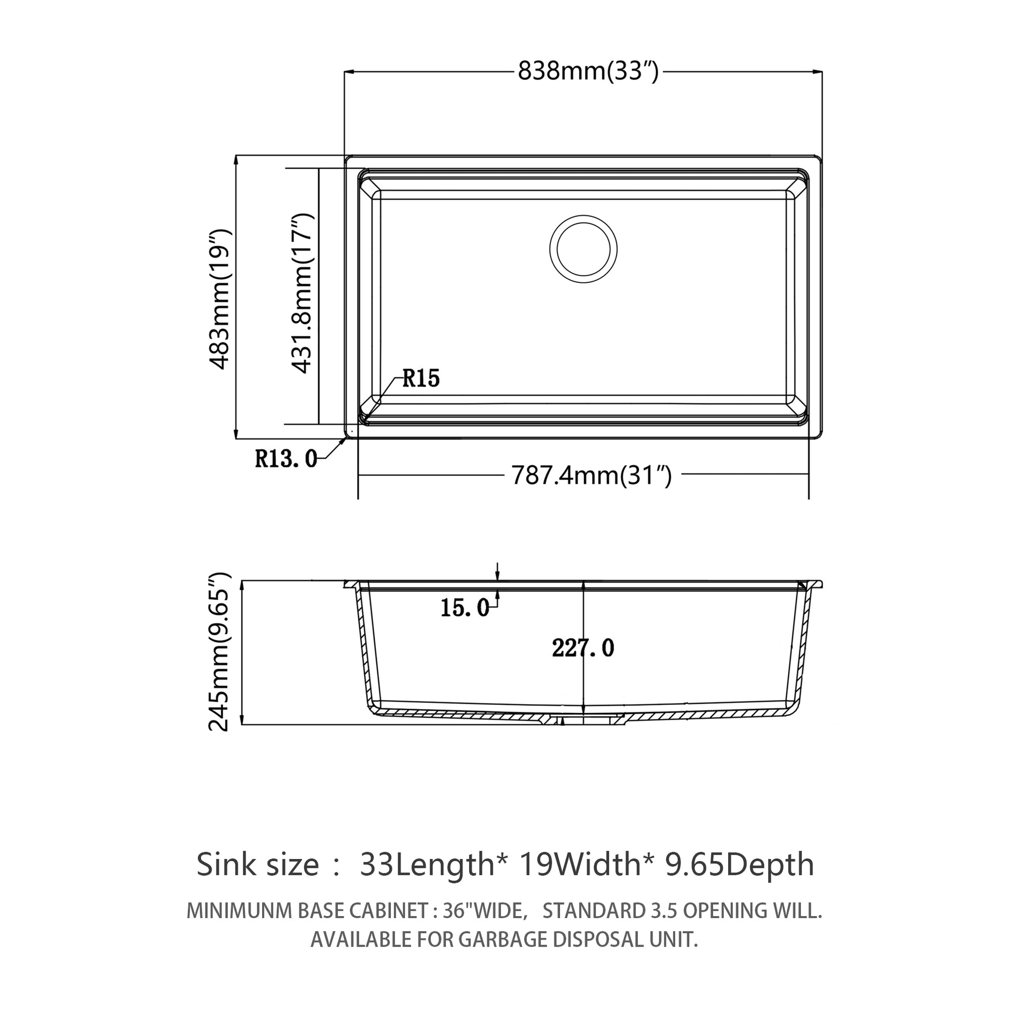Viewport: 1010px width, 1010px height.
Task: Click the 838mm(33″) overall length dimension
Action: coord(588,71)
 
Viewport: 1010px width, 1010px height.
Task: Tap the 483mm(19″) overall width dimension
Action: coord(220,298)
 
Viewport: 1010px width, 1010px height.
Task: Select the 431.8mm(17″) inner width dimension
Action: coord(302,293)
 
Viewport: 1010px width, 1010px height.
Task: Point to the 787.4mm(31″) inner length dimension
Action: coord(591,476)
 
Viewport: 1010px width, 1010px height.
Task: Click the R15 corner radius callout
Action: coord(421,378)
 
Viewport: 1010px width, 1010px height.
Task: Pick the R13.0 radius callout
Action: coord(285,459)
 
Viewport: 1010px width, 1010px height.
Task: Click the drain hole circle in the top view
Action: coord(583,249)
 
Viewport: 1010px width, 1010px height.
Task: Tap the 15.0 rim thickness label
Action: coord(464,607)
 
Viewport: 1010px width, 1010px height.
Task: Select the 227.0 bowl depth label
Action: coord(583,648)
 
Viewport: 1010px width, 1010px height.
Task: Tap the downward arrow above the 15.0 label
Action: coord(498,572)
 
